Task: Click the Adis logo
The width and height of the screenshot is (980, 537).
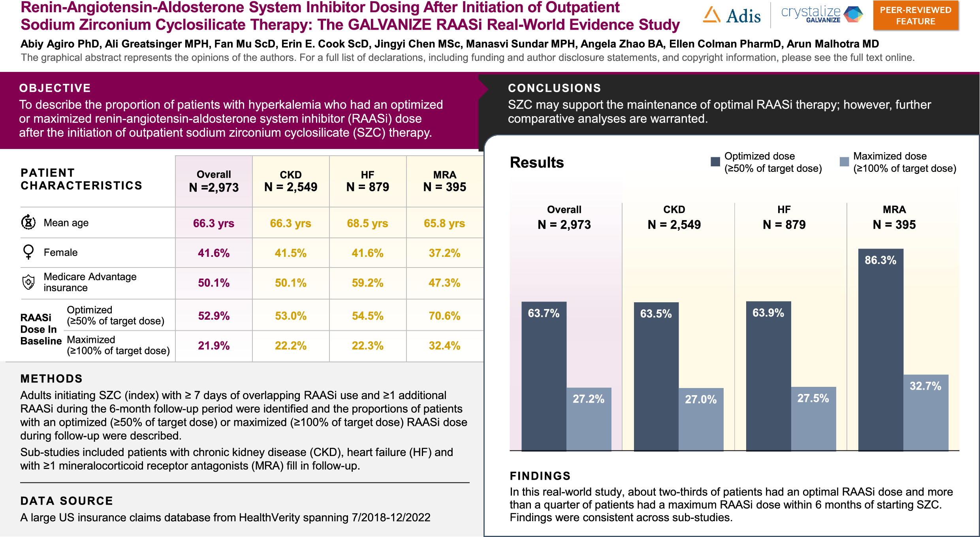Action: click(x=732, y=16)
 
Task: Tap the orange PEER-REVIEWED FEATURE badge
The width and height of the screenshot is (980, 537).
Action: click(x=916, y=16)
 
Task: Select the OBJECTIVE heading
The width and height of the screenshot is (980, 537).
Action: click(x=55, y=88)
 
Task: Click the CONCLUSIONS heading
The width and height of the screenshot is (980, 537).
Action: click(x=554, y=88)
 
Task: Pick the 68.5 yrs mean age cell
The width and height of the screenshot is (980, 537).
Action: click(x=367, y=223)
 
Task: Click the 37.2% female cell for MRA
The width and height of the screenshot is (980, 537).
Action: click(x=444, y=253)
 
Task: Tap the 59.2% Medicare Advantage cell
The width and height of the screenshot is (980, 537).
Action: click(x=367, y=283)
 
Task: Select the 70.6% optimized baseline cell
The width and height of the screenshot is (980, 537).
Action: click(x=444, y=316)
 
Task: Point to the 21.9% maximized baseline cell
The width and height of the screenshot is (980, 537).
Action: click(x=214, y=346)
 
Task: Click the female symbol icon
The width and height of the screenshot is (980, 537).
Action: click(x=28, y=252)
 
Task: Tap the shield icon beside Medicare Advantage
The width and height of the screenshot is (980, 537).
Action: click(x=28, y=282)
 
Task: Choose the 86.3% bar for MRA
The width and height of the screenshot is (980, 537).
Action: click(x=880, y=350)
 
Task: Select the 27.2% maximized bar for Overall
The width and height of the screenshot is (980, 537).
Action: click(x=589, y=419)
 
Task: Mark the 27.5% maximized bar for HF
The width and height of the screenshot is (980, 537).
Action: click(x=813, y=418)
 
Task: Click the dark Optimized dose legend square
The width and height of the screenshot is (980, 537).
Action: click(x=715, y=162)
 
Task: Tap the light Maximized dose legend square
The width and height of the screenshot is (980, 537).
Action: click(x=844, y=162)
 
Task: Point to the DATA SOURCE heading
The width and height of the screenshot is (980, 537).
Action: click(x=67, y=501)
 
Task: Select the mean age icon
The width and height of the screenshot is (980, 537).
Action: click(x=28, y=222)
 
